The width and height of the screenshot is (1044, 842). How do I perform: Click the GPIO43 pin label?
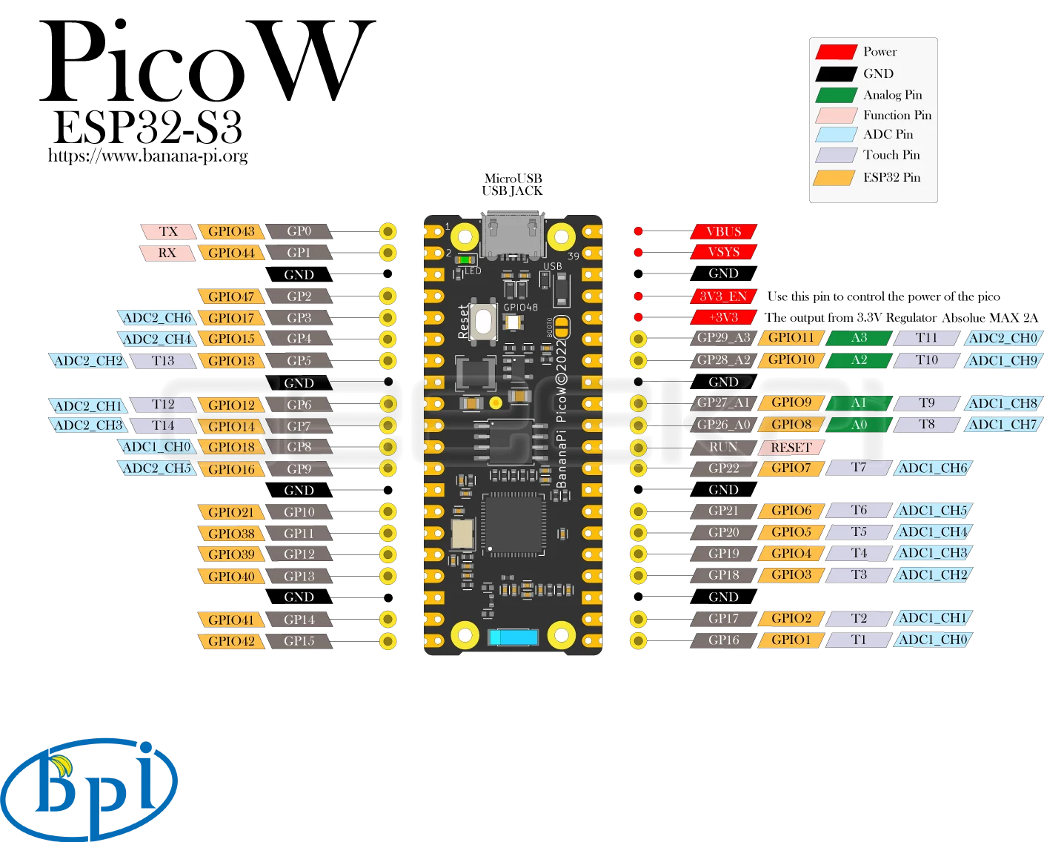pos(231,231)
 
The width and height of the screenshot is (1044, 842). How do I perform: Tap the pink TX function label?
pos(168,231)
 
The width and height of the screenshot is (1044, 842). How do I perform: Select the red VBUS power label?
pos(723,231)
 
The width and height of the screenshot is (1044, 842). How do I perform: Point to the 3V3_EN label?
pos(723,296)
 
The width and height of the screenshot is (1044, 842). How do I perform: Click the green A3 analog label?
pos(859,338)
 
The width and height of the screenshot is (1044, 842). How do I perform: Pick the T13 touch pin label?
pos(163,361)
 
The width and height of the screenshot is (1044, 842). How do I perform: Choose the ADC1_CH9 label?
pos(1003,360)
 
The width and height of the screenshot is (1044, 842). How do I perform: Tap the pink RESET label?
pos(791,448)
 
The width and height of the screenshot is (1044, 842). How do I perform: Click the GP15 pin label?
pos(299,641)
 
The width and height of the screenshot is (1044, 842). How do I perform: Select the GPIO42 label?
pos(231,641)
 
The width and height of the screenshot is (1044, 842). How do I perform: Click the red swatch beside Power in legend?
pos(837,52)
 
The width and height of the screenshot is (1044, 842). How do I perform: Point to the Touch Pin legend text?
pos(891,155)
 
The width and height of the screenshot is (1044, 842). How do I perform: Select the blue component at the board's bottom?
pos(513,637)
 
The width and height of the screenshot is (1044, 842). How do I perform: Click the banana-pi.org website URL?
pos(148,156)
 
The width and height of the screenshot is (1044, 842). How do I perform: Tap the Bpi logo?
pos(89,790)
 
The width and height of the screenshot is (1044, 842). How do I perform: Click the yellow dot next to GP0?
pos(388,231)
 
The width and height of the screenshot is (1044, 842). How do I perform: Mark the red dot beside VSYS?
pos(639,252)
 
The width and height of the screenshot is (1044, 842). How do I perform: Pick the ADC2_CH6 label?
pos(156,318)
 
